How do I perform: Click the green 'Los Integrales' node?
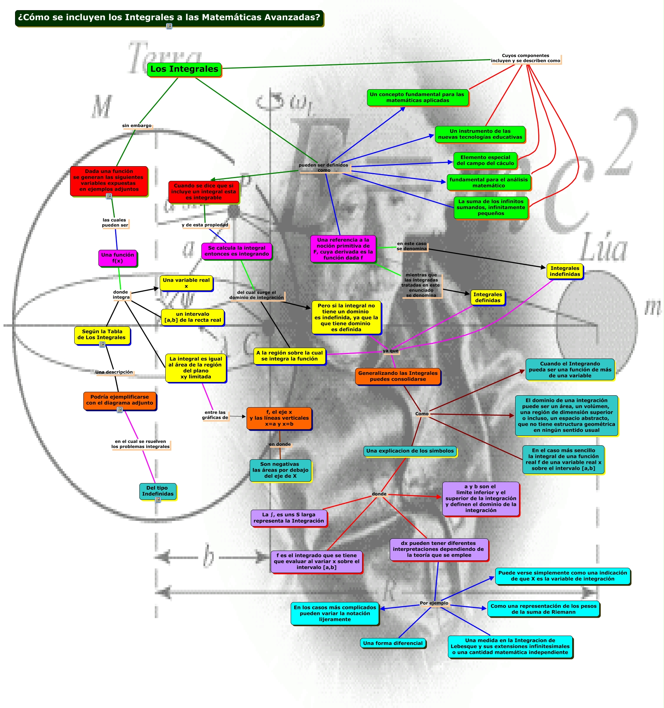click(184, 69)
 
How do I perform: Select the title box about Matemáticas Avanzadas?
click(169, 17)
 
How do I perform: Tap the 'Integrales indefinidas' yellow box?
click(565, 271)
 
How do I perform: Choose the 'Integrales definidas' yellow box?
click(487, 297)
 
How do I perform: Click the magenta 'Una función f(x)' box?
click(117, 258)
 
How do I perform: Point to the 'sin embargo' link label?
click(137, 126)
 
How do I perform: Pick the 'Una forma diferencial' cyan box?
click(392, 643)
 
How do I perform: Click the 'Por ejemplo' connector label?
click(434, 603)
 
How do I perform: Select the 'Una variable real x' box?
click(186, 283)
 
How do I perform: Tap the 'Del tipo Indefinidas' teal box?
click(157, 491)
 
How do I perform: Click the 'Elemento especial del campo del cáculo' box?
click(485, 160)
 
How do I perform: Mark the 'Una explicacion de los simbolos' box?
click(410, 451)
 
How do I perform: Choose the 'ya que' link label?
click(390, 351)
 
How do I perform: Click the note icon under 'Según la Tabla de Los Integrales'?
click(102, 345)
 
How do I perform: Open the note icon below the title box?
click(169, 26)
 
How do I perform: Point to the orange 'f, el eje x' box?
click(279, 418)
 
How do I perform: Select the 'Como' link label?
click(422, 414)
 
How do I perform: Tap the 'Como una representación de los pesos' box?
click(543, 609)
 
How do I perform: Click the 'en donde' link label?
click(279, 445)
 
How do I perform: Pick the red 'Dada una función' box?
click(109, 180)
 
